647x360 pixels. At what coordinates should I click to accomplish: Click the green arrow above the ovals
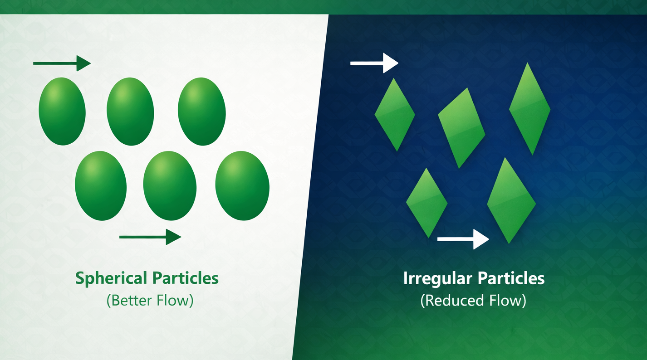pyautogui.click(x=62, y=63)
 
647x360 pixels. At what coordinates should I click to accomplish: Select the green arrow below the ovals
pyautogui.click(x=150, y=236)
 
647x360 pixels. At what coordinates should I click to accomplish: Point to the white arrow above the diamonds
pyautogui.click(x=374, y=63)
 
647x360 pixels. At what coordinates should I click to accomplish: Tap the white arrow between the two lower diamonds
pyautogui.click(x=463, y=238)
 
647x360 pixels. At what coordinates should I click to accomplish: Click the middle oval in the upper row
pyautogui.click(x=130, y=111)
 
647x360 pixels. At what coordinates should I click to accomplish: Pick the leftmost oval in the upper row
pyautogui.click(x=62, y=111)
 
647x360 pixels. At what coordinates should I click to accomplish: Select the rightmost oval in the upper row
pyautogui.click(x=201, y=111)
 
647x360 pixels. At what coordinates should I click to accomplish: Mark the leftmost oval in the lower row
pyautogui.click(x=101, y=185)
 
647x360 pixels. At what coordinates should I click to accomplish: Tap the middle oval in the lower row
pyautogui.click(x=170, y=185)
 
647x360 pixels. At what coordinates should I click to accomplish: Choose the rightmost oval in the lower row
pyautogui.click(x=242, y=185)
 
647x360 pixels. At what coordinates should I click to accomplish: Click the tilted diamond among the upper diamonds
pyautogui.click(x=461, y=127)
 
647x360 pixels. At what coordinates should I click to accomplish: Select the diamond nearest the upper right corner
pyautogui.click(x=529, y=109)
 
